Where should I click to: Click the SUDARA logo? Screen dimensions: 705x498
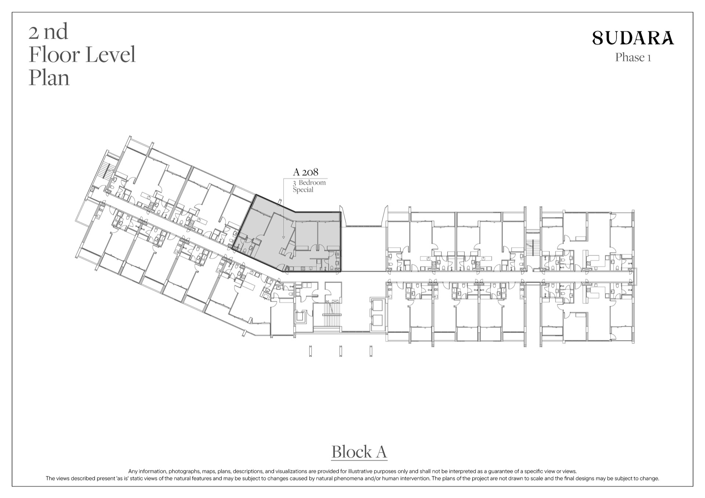click(x=633, y=38)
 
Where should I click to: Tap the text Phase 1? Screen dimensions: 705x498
click(x=633, y=58)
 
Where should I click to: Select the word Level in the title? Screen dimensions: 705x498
click(x=111, y=55)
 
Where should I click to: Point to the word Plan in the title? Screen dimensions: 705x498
click(x=49, y=78)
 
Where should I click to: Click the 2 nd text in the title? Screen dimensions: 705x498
click(x=48, y=32)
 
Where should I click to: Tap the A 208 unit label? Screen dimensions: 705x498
click(x=305, y=172)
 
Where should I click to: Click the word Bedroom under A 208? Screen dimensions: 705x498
click(x=312, y=182)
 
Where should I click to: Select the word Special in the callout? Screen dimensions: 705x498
click(x=303, y=190)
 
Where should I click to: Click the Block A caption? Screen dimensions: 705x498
click(x=359, y=452)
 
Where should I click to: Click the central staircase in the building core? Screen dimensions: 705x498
click(x=332, y=315)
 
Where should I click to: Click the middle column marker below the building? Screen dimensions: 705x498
click(x=341, y=351)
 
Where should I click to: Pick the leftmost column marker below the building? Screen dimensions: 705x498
click(x=310, y=351)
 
